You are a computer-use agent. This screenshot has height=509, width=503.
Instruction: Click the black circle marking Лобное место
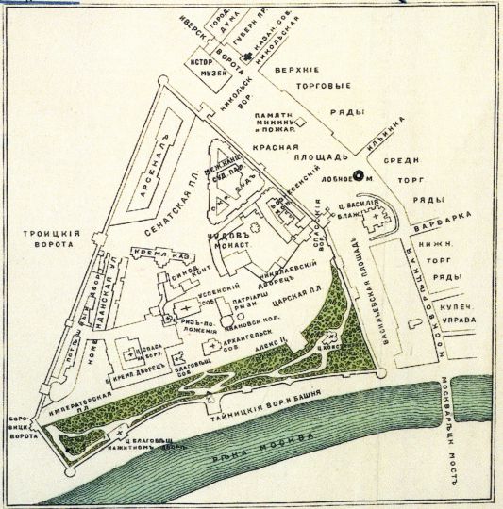pos(358,174)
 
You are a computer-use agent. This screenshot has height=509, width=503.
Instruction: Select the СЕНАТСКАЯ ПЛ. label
pos(179,202)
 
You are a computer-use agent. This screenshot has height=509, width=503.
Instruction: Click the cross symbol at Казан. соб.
pos(247,58)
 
